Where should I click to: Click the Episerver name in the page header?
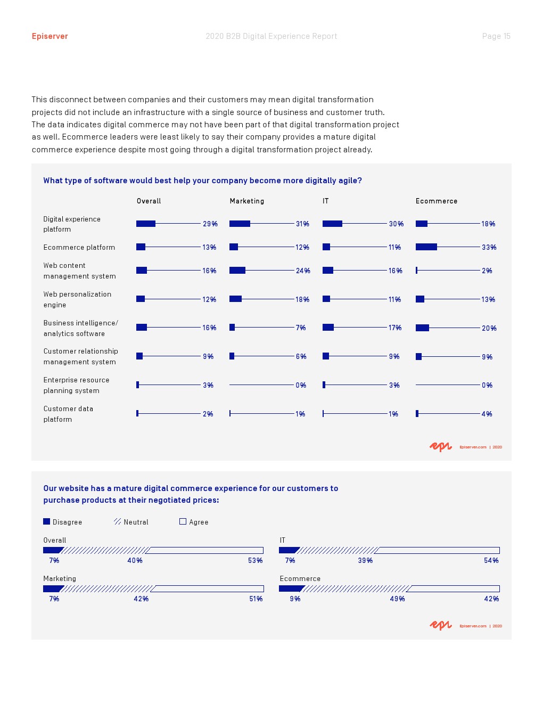pyautogui.click(x=50, y=36)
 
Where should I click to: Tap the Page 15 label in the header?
pyautogui.click(x=496, y=36)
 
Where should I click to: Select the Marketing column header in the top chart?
pyautogui.click(x=247, y=201)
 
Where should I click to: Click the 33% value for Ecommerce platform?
pyautogui.click(x=489, y=247)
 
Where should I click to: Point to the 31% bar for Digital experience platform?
pyautogui.click(x=240, y=224)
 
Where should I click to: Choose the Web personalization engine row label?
pyautogui.click(x=78, y=299)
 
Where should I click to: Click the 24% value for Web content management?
pyautogui.click(x=303, y=271)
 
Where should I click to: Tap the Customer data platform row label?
pyautogui.click(x=68, y=414)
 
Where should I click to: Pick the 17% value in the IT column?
pyautogui.click(x=395, y=328)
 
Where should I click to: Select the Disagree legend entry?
pyautogui.click(x=63, y=522)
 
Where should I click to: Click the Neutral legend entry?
pyautogui.click(x=131, y=522)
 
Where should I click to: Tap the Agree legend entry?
pyautogui.click(x=194, y=522)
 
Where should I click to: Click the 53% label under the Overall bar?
pyautogui.click(x=255, y=560)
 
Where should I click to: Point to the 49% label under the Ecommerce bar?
pyautogui.click(x=397, y=599)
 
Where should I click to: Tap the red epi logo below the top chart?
pyautogui.click(x=440, y=447)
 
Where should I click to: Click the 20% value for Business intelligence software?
pyautogui.click(x=489, y=328)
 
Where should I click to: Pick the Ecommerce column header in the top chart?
pyautogui.click(x=437, y=201)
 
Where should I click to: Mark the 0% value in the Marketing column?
pyautogui.click(x=301, y=385)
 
